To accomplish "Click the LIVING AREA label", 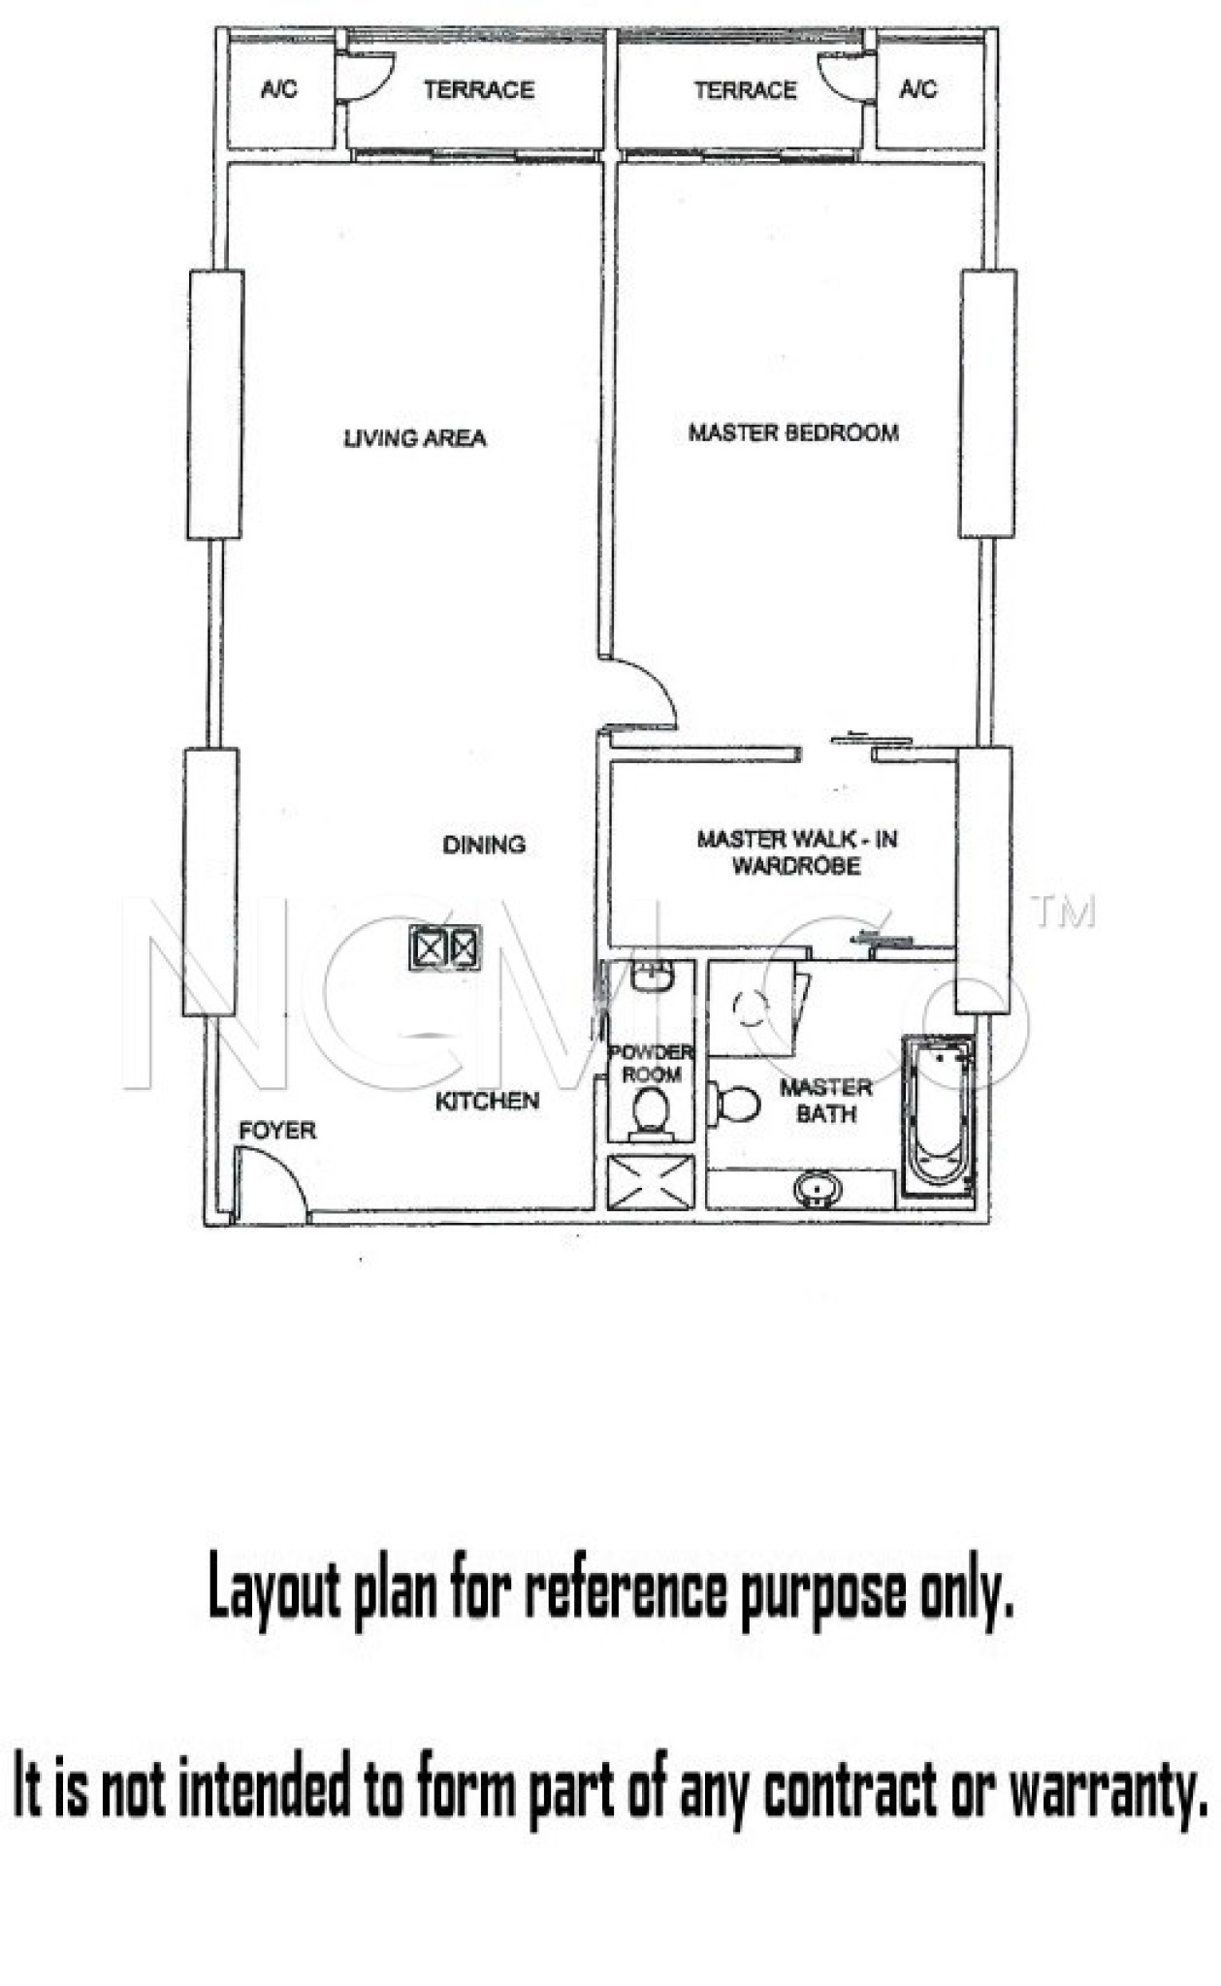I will (x=415, y=438).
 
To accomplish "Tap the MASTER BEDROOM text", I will (x=793, y=432).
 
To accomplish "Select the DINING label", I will (x=484, y=845).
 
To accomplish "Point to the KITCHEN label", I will (x=487, y=1101).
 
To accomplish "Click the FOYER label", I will (x=277, y=1130).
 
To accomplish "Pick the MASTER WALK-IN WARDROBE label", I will (x=796, y=851).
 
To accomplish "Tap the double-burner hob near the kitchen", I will (x=445, y=947).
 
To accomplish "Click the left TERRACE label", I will (x=478, y=90).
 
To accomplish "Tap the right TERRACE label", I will (x=745, y=90).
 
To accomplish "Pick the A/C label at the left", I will (x=279, y=90).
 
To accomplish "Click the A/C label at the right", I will (x=918, y=90).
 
